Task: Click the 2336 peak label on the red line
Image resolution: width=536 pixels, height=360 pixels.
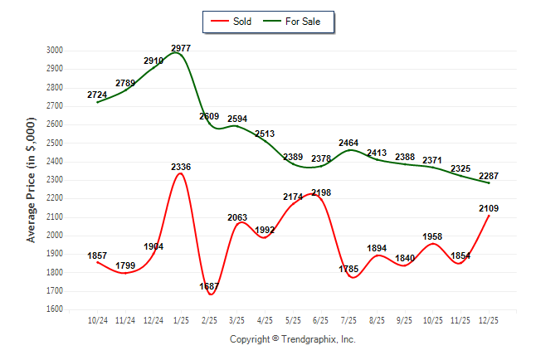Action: [181, 168]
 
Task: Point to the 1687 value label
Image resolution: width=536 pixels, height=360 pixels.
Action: [209, 286]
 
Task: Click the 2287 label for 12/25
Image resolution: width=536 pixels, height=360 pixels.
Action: [488, 176]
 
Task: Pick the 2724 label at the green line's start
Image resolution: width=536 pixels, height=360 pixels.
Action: [97, 95]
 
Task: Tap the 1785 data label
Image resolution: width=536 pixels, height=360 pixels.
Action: [348, 269]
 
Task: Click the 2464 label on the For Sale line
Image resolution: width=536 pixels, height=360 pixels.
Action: [348, 144]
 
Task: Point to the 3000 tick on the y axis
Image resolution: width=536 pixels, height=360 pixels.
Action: [54, 50]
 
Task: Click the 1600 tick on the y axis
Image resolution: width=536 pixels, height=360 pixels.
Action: [54, 309]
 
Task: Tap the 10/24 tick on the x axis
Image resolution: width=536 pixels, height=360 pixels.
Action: [97, 320]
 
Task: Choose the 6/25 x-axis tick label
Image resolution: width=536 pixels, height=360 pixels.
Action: [320, 320]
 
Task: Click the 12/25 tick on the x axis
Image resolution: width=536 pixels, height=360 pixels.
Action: [488, 320]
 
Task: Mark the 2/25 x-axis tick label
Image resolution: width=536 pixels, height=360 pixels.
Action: [209, 320]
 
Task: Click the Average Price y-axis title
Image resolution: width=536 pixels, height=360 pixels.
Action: [32, 179]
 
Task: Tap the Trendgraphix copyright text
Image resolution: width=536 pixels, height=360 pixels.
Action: [292, 339]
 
